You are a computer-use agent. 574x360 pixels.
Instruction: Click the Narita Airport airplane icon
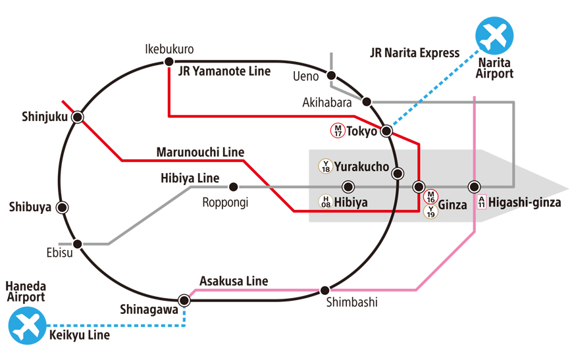tap(494, 36)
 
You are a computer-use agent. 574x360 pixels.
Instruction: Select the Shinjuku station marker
tap(78, 117)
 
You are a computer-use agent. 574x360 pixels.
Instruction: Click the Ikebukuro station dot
tap(168, 63)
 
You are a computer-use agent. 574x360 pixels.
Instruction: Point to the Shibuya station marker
tap(63, 207)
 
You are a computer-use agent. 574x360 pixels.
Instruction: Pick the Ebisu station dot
tap(78, 244)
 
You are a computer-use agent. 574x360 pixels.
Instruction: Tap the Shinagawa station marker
tap(184, 300)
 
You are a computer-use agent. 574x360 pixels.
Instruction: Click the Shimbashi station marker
tap(325, 290)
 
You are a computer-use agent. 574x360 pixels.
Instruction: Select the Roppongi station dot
tap(233, 187)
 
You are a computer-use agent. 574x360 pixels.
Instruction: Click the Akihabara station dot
tap(367, 101)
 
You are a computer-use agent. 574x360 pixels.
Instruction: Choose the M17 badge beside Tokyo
tap(338, 130)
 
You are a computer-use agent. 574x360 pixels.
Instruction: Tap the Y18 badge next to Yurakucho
tap(325, 166)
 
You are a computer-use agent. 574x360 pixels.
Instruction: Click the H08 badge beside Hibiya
tap(325, 202)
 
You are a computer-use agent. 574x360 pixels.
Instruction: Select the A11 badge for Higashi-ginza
tap(481, 202)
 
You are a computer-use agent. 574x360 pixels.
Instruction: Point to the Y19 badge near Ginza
tap(430, 211)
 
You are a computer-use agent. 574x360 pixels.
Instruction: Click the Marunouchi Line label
tap(200, 152)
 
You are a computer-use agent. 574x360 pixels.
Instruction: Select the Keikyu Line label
tap(80, 335)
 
